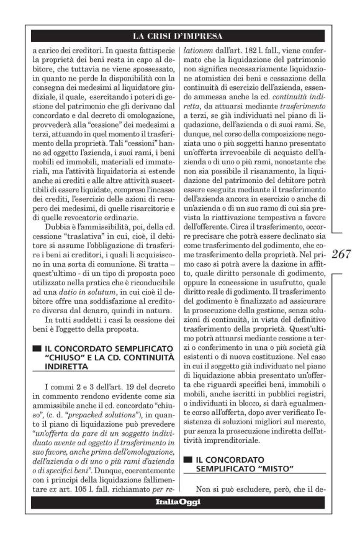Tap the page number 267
click(341, 254)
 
